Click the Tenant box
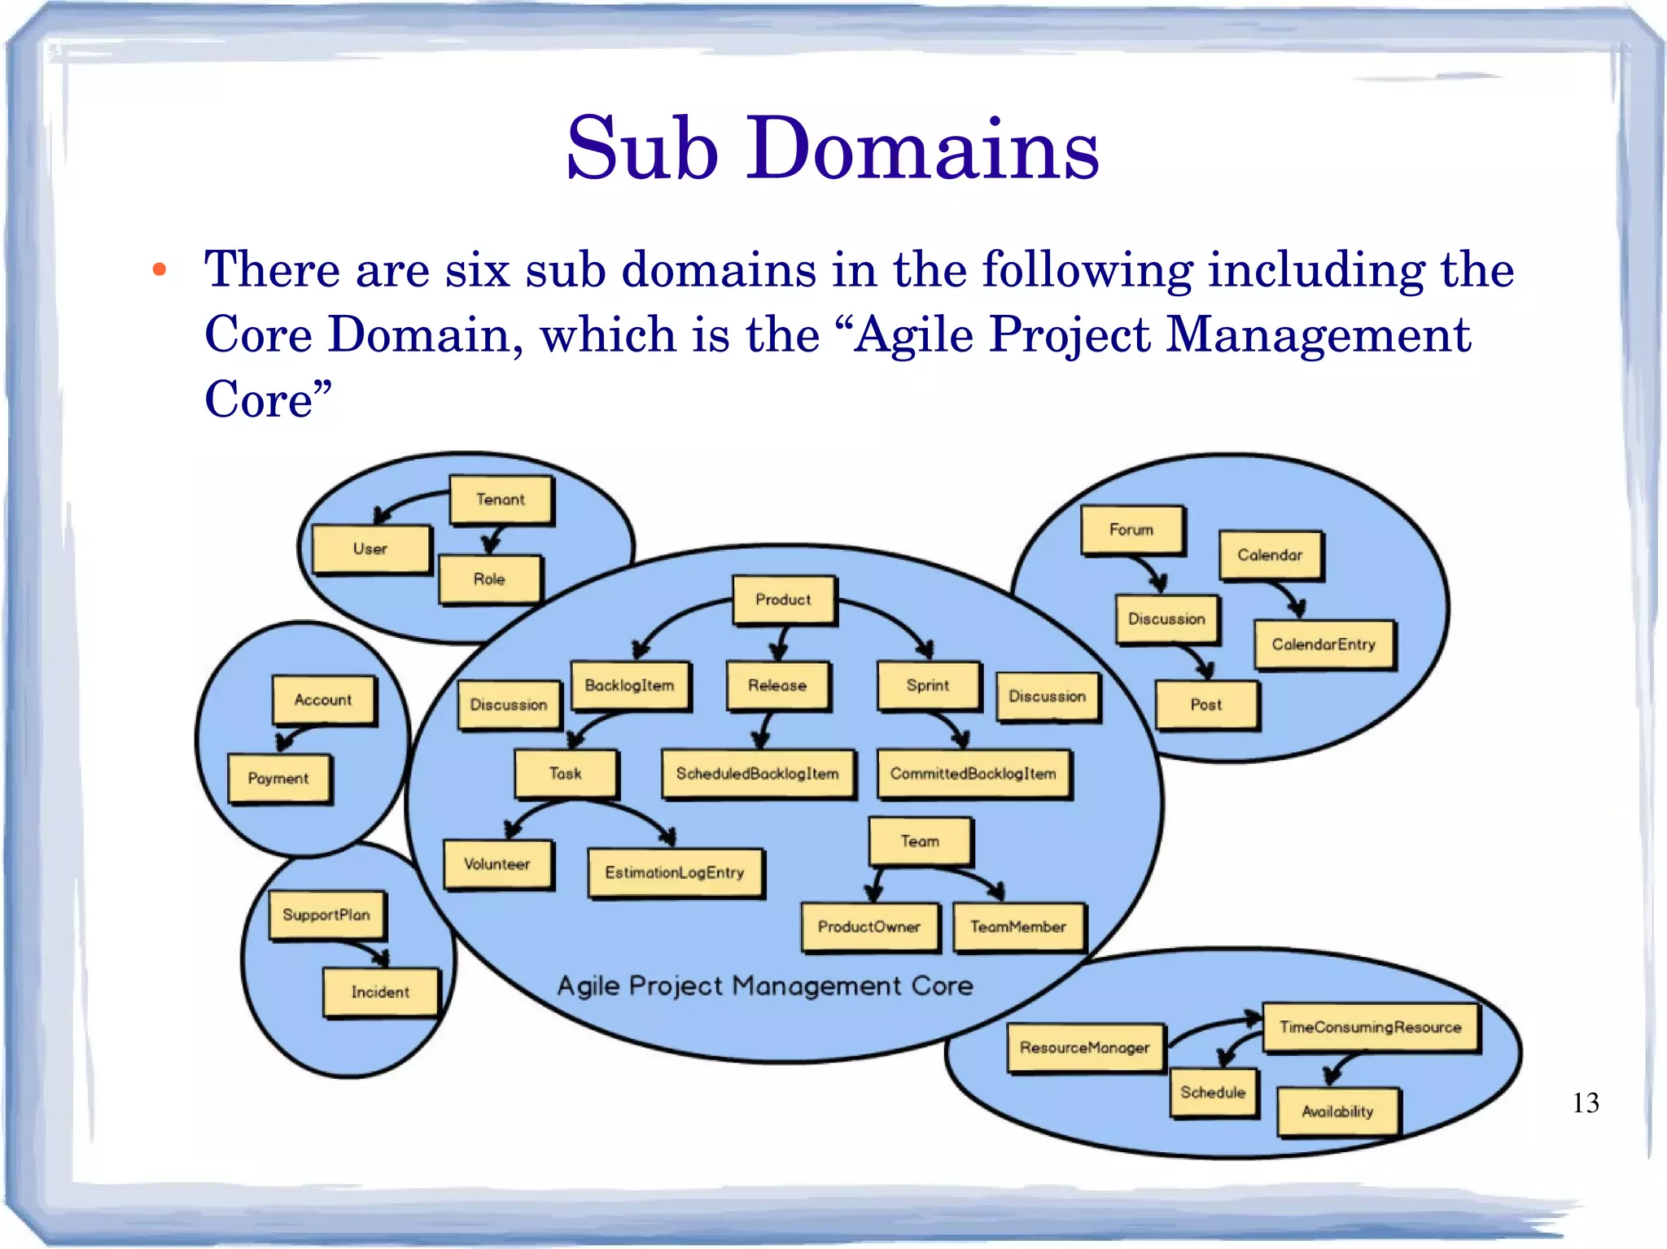[x=501, y=500]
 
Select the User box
[x=370, y=549]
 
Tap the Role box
[x=489, y=579]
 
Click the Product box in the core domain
[x=783, y=600]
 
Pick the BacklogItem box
[x=629, y=685]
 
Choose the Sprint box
[x=928, y=685]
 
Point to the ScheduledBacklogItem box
[x=757, y=773]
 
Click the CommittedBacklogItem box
[x=974, y=773]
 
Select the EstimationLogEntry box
[x=675, y=872]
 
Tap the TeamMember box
[x=1018, y=927]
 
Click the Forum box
[x=1131, y=530]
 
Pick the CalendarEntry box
[x=1324, y=644]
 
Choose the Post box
[x=1206, y=705]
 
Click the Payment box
[x=278, y=779]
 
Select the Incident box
[x=380, y=992]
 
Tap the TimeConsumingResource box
[x=1371, y=1028]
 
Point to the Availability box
[x=1337, y=1111]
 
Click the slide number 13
[x=1586, y=1103]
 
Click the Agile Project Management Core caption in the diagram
[x=765, y=986]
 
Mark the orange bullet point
[x=160, y=270]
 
